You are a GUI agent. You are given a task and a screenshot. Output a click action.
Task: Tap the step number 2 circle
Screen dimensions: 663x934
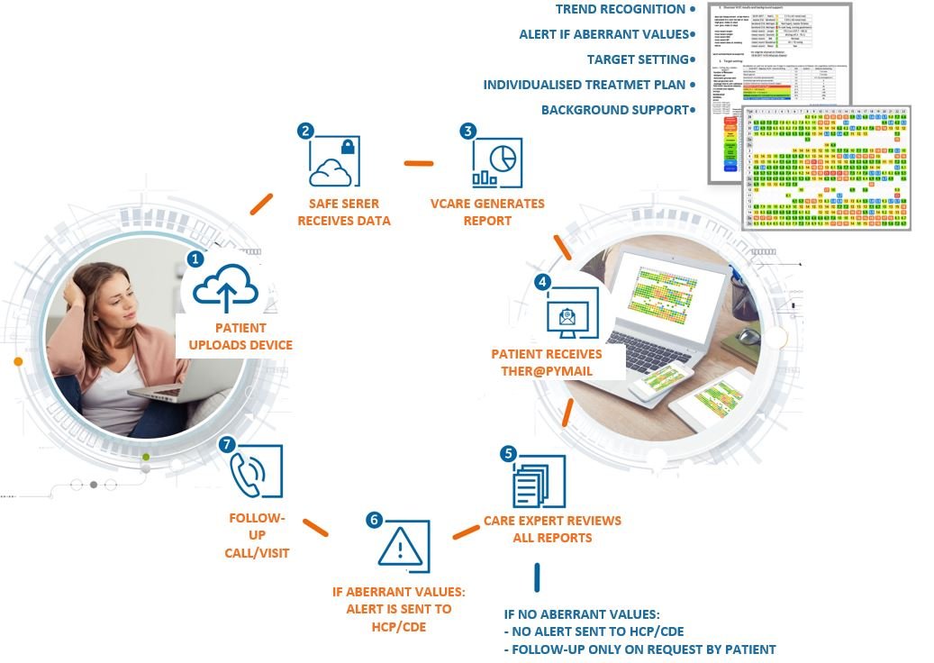306,131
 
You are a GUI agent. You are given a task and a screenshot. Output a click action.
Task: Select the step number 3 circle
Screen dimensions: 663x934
467,131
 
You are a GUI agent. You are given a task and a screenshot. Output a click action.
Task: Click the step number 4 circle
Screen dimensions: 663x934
542,282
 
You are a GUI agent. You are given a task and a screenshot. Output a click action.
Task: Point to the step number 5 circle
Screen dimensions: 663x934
509,453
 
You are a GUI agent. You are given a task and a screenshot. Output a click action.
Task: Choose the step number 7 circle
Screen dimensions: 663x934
227,444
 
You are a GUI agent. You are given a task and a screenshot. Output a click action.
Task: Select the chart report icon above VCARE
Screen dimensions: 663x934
496,163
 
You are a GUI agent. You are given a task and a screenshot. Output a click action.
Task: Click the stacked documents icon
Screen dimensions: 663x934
539,483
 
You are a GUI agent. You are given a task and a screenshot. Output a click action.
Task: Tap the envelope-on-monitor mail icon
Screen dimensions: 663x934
571,315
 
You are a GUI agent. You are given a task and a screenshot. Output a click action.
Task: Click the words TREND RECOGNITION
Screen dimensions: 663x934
620,9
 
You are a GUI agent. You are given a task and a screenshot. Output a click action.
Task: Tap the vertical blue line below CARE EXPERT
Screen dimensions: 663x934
538,577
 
